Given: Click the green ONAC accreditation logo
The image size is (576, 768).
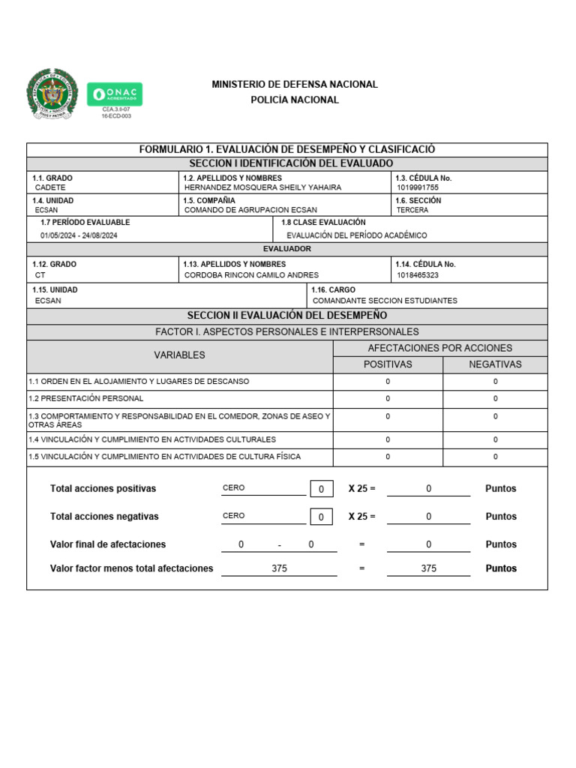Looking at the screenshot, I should point(115,94).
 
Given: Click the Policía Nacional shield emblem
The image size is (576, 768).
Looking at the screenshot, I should point(52,94).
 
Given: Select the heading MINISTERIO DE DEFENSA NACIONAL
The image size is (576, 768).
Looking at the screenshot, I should point(294,85).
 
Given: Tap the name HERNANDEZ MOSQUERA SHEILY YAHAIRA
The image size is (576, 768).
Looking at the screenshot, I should point(262,187).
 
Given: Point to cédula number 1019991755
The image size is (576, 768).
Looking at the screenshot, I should point(418,187).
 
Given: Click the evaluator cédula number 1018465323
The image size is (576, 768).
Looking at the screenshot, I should point(418,275).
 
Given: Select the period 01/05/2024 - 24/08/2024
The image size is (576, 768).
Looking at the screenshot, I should point(79,235).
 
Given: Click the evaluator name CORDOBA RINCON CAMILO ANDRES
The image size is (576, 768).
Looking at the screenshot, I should point(251,275).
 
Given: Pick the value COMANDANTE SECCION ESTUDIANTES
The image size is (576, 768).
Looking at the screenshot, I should point(385,301).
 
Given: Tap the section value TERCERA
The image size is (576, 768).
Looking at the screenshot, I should point(412,210).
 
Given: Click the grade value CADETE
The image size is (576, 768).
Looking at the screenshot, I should point(50,187).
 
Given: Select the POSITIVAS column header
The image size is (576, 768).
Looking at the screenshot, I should point(388,364).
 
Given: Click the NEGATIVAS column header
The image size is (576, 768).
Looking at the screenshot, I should point(495,364).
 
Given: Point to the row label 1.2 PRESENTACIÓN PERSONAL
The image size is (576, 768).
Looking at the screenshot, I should point(86,398).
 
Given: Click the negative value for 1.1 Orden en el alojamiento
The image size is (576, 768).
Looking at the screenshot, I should point(495,382).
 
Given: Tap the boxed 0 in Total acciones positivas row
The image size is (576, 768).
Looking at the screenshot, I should point(321,489).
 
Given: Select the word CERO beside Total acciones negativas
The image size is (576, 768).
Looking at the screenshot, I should point(234,516).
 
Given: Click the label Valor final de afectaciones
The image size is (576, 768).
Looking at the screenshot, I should point(108,544).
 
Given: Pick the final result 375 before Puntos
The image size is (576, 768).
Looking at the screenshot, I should point(428,568).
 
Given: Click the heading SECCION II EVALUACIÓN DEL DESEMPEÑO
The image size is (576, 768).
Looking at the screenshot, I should point(287,316).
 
